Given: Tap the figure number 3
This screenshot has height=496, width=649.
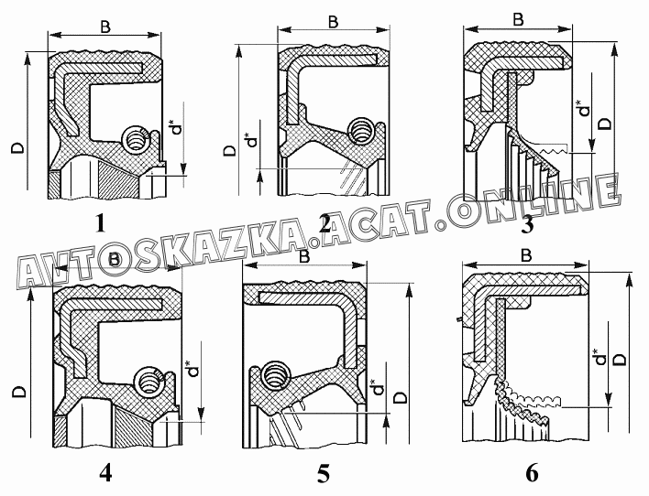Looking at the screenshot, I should click(x=526, y=224).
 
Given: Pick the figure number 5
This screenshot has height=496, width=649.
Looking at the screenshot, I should click(x=323, y=473).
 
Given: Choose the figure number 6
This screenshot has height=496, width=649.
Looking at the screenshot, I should click(x=532, y=473).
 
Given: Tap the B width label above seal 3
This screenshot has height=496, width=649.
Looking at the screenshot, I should click(x=519, y=18).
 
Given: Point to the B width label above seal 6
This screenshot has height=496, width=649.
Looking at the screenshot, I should click(x=526, y=255).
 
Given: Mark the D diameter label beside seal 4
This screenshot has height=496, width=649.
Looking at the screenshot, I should click(x=19, y=393).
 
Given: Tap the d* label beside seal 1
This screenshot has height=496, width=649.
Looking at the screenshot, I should click(x=176, y=128).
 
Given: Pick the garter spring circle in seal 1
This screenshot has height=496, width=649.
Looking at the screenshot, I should click(x=137, y=141).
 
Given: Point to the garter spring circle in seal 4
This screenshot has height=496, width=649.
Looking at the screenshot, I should click(x=146, y=379).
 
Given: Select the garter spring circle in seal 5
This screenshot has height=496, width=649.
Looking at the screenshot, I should click(x=273, y=374).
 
